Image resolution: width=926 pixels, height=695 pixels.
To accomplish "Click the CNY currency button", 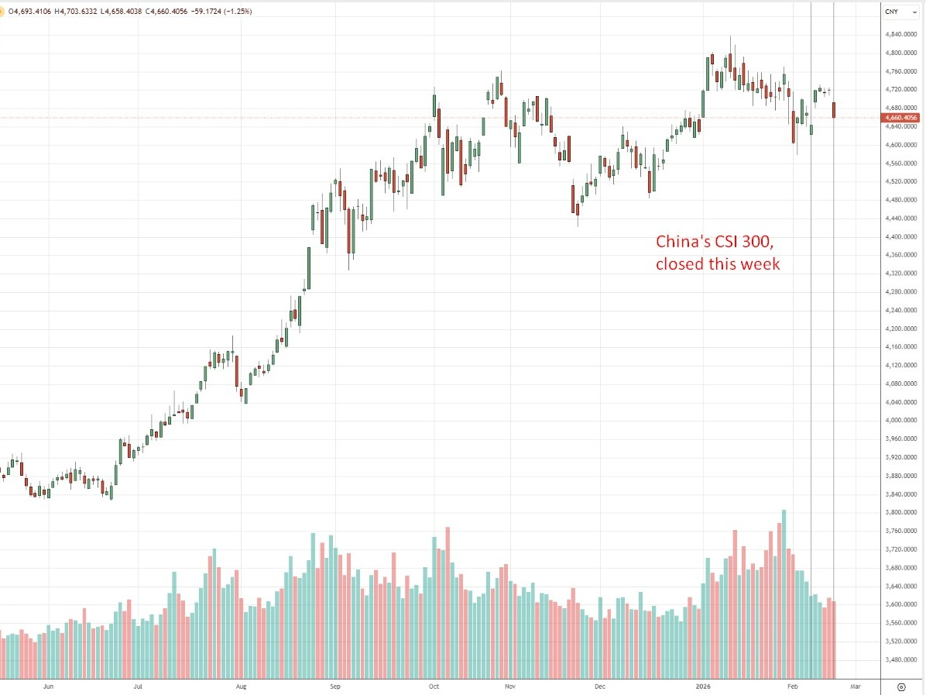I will tap(891, 12).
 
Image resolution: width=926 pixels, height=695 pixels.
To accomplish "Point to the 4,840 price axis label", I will tap(900, 35).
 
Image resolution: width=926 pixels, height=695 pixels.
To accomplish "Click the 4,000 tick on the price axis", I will tap(900, 421).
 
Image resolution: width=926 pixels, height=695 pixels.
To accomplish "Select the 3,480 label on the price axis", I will tap(900, 660).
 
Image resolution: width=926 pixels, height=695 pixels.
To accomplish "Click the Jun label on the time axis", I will tap(48, 686).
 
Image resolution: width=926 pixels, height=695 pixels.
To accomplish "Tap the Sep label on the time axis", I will tap(334, 686).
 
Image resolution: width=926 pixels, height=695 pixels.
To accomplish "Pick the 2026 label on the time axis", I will tap(703, 686).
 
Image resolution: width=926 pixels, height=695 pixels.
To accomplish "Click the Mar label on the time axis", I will tap(855, 686).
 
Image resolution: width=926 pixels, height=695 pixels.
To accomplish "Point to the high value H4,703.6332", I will tap(81, 12).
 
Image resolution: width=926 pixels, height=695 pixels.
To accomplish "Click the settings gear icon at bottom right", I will tap(901, 686).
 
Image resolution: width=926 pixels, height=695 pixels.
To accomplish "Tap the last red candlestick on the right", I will tap(834, 110).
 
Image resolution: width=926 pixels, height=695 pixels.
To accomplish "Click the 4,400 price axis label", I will tap(900, 237).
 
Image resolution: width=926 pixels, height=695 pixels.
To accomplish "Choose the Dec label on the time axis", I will tap(599, 686).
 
